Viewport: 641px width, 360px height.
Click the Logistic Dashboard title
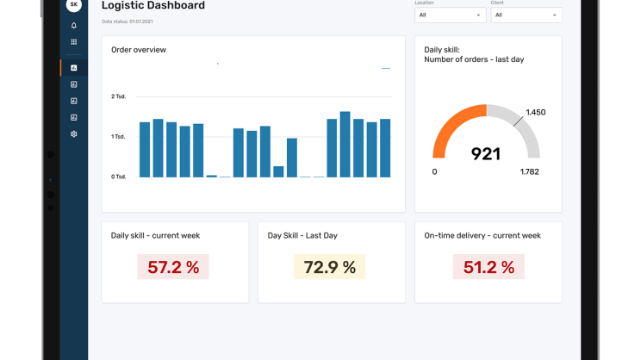point(153,6)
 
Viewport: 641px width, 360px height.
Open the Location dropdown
point(450,15)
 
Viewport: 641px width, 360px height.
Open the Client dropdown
point(526,15)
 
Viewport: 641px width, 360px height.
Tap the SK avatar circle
point(74,4)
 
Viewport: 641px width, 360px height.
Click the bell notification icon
point(74,26)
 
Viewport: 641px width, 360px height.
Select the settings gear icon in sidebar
point(74,134)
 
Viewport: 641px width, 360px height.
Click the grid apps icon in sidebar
point(74,42)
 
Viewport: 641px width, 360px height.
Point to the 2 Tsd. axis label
point(119,96)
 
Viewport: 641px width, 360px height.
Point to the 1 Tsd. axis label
point(119,137)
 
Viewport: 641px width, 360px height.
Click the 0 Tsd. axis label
point(119,177)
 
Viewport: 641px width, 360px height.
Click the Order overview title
point(139,50)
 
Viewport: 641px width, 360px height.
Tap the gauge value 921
point(486,154)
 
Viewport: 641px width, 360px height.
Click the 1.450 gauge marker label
point(535,112)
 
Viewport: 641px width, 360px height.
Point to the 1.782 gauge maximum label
point(529,172)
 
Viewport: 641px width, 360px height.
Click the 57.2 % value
point(173,267)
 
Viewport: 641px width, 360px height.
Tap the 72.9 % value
point(330,267)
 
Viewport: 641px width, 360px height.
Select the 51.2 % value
point(489,267)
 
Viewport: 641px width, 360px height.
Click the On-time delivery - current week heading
point(482,235)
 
